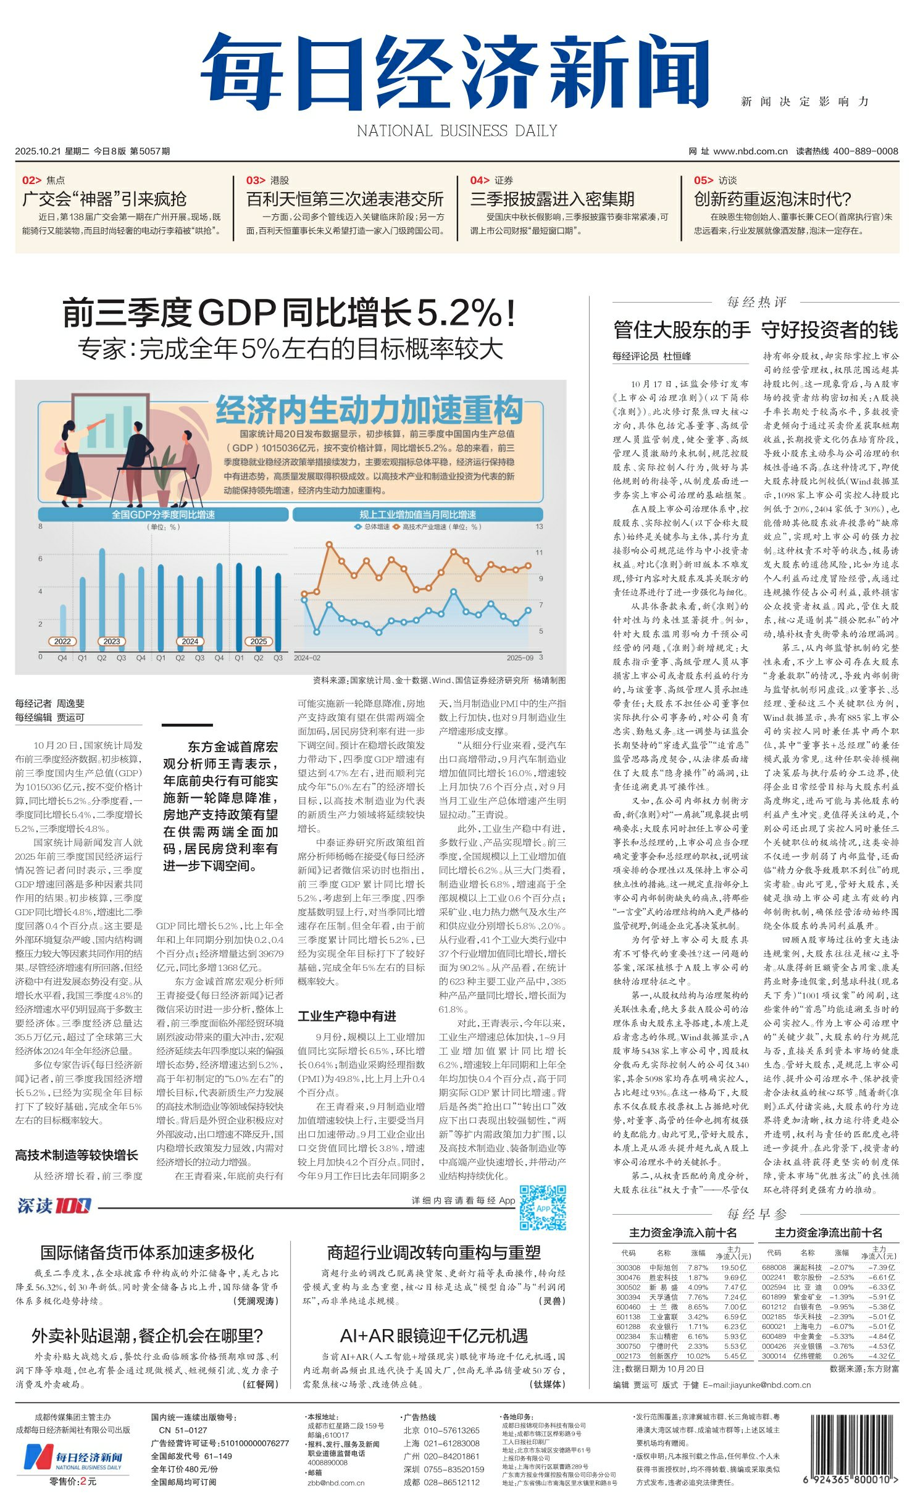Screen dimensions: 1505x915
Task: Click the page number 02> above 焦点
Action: (x=31, y=180)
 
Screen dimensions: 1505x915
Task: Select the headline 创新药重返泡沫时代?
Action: (x=772, y=199)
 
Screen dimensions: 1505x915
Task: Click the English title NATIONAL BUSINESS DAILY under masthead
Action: (x=457, y=131)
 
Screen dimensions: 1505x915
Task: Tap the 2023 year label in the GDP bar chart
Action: (x=112, y=641)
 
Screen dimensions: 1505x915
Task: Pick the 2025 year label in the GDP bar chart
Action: (x=258, y=641)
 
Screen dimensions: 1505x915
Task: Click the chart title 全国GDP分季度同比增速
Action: (x=163, y=514)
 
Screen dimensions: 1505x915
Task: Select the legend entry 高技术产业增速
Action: (x=425, y=527)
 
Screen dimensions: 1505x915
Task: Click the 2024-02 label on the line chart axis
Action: (x=307, y=658)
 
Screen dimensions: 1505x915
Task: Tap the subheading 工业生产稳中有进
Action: (x=347, y=1017)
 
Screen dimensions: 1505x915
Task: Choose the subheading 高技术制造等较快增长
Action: (x=77, y=1155)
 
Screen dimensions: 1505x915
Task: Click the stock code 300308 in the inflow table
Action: (x=628, y=1267)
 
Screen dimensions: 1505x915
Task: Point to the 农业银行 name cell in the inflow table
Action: (x=664, y=1327)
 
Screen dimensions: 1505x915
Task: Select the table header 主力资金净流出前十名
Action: (x=828, y=1233)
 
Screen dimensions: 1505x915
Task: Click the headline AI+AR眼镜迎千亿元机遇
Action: (x=433, y=1336)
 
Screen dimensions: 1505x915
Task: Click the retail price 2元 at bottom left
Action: (x=88, y=1481)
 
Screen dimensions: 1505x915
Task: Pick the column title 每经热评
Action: (x=756, y=302)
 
